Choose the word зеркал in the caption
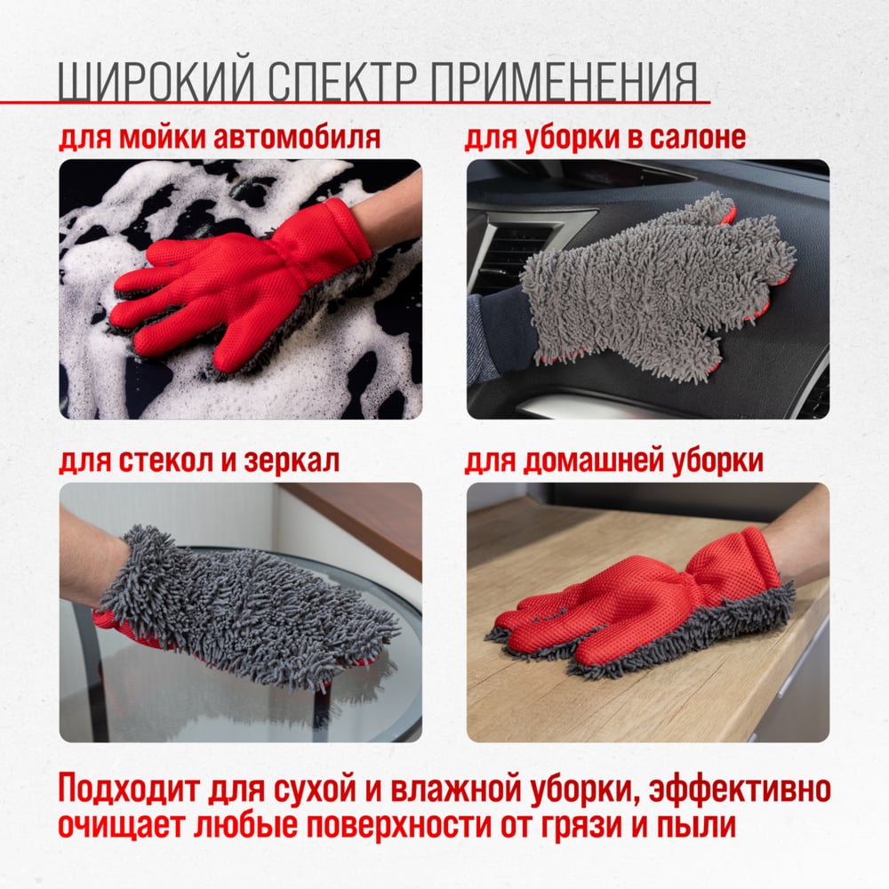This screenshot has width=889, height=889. [x=292, y=461]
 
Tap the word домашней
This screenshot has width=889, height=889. [x=591, y=461]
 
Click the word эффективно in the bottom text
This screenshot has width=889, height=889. [x=740, y=789]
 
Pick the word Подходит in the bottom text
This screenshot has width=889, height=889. [x=129, y=789]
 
